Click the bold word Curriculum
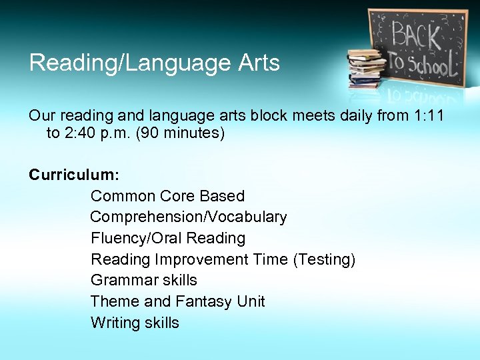[x=73, y=175]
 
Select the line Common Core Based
[x=167, y=196]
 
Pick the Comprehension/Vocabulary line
[x=189, y=217]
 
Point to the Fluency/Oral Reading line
[x=168, y=238]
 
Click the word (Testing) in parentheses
[x=324, y=259]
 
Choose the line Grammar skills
[x=144, y=280]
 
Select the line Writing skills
[x=135, y=323]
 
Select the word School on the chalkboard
[x=433, y=65]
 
